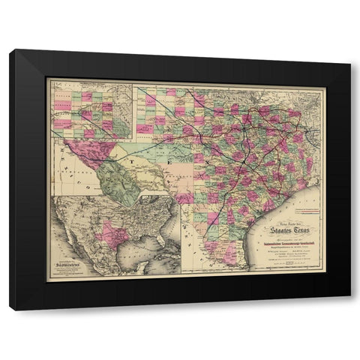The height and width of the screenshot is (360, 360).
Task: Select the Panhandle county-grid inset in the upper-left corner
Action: (91, 113)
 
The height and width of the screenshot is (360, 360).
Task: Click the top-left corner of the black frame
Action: (10, 50)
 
